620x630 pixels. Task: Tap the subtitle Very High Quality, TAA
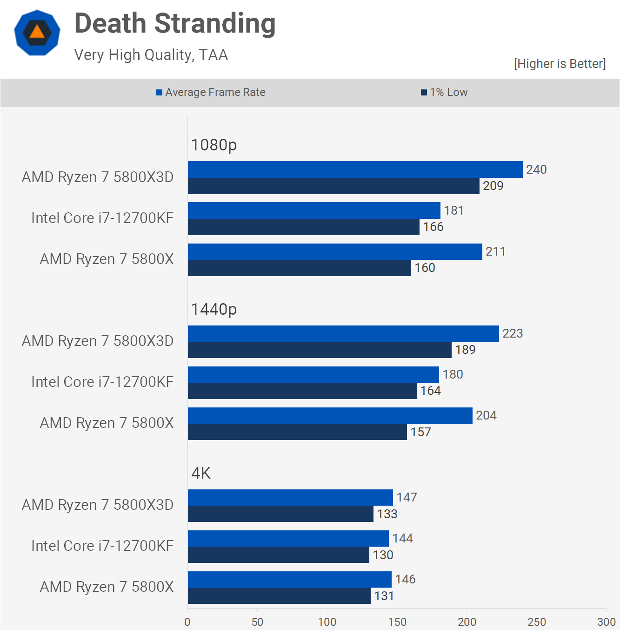point(151,55)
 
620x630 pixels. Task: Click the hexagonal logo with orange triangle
point(37,33)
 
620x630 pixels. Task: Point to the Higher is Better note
point(560,64)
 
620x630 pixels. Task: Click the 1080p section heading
point(214,145)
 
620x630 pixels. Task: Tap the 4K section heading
point(201,473)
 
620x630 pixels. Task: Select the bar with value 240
point(355,169)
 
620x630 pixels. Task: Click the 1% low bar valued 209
point(333,186)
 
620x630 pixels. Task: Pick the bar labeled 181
point(314,210)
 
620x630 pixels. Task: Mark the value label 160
point(425,268)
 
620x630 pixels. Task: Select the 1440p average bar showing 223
point(343,333)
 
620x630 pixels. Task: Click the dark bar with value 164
point(302,391)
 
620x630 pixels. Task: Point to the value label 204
point(486,415)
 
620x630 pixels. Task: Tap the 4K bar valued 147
point(290,497)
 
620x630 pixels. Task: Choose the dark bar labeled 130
point(278,555)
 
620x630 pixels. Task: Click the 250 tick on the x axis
point(537,622)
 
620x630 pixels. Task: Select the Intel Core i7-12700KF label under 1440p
point(102,382)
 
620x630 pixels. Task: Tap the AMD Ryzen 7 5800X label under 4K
point(107,587)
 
